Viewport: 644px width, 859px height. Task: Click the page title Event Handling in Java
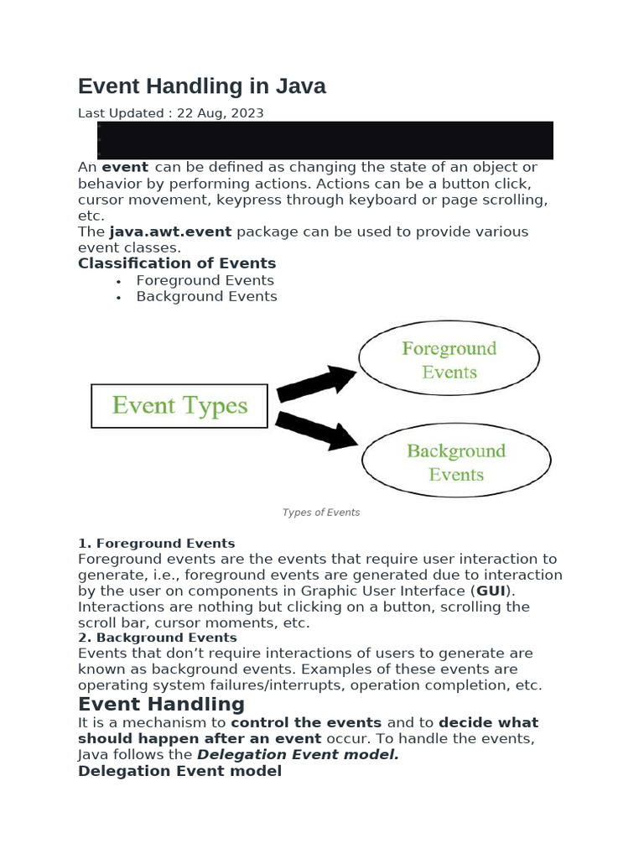pyautogui.click(x=201, y=86)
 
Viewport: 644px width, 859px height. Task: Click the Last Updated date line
pyautogui.click(x=171, y=112)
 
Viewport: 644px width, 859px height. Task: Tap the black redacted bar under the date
pyautogui.click(x=325, y=139)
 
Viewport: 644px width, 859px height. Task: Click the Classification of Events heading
pyautogui.click(x=177, y=263)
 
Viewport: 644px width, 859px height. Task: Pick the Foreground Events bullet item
pyautogui.click(x=205, y=280)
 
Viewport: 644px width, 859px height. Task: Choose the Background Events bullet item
pyautogui.click(x=206, y=296)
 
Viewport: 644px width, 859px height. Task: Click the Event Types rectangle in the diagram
pyautogui.click(x=179, y=406)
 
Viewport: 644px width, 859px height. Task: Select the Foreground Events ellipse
pyautogui.click(x=449, y=360)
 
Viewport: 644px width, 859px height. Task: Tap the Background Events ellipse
pyautogui.click(x=456, y=462)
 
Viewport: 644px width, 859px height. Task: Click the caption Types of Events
pyautogui.click(x=321, y=513)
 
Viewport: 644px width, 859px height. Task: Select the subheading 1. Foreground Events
pyautogui.click(x=157, y=544)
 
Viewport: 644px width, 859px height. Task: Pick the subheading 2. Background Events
pyautogui.click(x=158, y=638)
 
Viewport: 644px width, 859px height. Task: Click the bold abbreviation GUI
pyautogui.click(x=491, y=591)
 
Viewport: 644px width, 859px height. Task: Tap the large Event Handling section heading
pyautogui.click(x=161, y=704)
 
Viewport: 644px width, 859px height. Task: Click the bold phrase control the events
pyautogui.click(x=306, y=722)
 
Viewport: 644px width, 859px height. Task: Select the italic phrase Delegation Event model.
pyautogui.click(x=298, y=754)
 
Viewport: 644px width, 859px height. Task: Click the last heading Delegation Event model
pyautogui.click(x=179, y=771)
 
